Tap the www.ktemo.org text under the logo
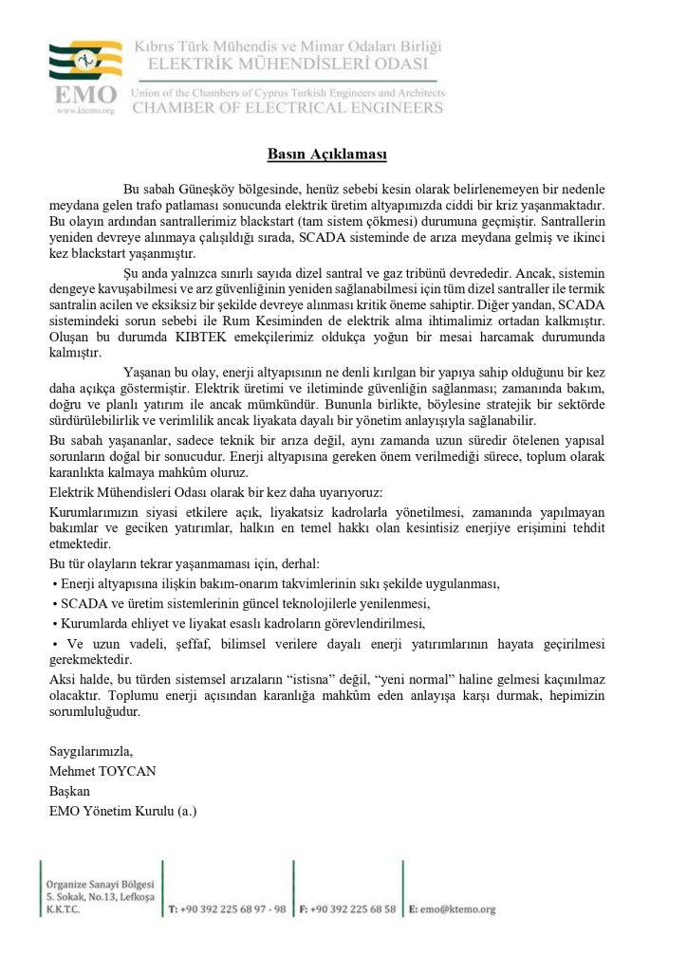pos(86,110)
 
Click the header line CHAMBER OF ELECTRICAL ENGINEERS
pos(288,107)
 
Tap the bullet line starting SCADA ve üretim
pos(241,603)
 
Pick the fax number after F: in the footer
pos(352,909)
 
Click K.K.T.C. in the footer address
pos(63,909)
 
